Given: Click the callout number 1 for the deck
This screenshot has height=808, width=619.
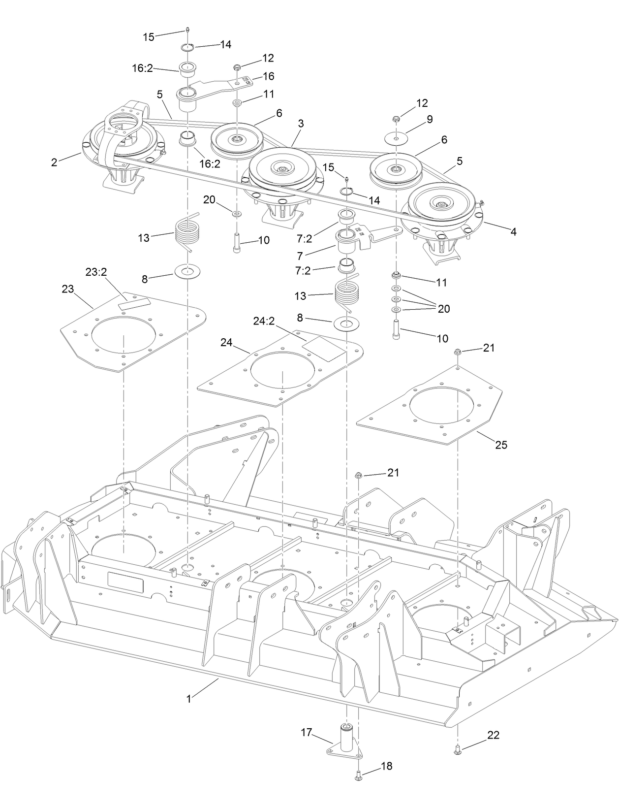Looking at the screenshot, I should pyautogui.click(x=188, y=698).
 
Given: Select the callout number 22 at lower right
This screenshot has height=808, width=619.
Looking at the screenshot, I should pyautogui.click(x=493, y=735).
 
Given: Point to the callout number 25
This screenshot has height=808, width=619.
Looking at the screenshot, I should pyautogui.click(x=501, y=445).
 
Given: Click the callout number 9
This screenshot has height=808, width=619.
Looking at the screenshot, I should pyautogui.click(x=430, y=119).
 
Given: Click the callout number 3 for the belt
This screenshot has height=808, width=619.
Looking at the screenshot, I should pyautogui.click(x=301, y=124).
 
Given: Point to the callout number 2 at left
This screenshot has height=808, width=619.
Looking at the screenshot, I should pyautogui.click(x=54, y=162).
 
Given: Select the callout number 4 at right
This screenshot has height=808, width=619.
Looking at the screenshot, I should pyautogui.click(x=513, y=231).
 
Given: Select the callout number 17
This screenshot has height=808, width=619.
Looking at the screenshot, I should pyautogui.click(x=307, y=733).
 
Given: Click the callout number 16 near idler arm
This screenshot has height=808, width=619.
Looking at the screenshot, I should pyautogui.click(x=269, y=76).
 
